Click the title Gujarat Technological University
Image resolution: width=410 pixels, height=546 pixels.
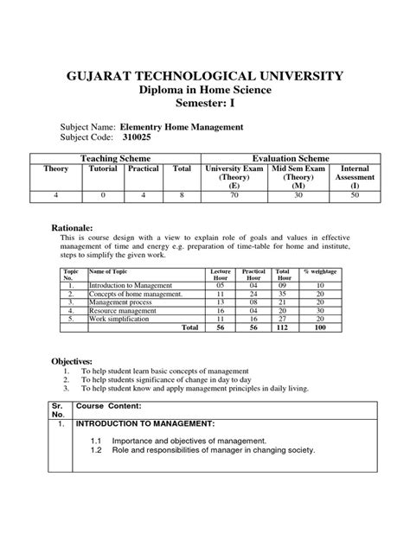pyautogui.click(x=204, y=78)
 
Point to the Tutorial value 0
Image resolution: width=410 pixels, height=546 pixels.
pyautogui.click(x=102, y=196)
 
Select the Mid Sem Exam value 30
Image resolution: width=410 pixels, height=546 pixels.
pyautogui.click(x=298, y=196)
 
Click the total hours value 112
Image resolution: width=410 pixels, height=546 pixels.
pyautogui.click(x=281, y=327)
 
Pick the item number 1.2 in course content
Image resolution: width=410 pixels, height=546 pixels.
pyautogui.click(x=97, y=451)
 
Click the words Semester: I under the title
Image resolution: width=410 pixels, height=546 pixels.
pyautogui.click(x=204, y=106)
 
